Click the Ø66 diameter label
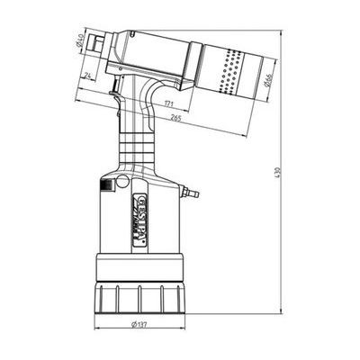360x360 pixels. coord(269,83)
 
